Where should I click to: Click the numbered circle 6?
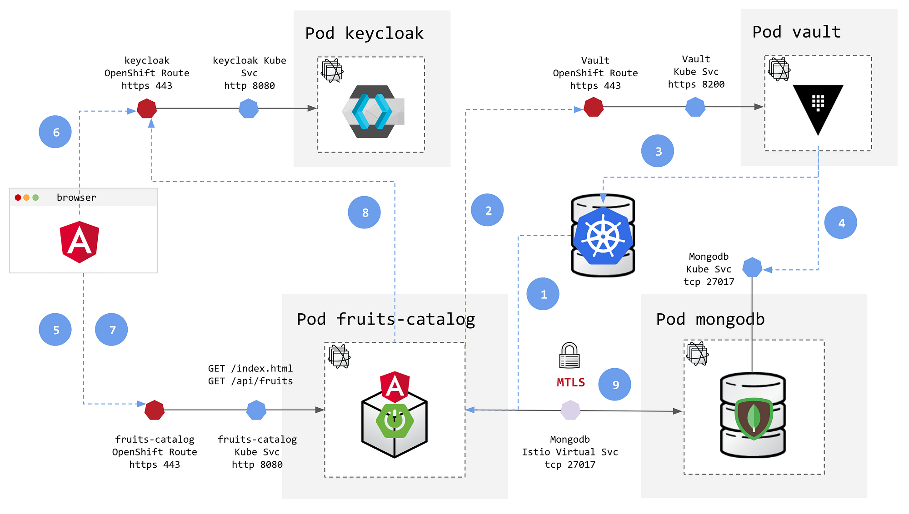pos(55,132)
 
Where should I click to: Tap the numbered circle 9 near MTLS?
pos(614,384)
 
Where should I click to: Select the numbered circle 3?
pos(657,151)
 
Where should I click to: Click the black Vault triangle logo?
pos(818,107)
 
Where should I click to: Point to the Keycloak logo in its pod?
pos(372,111)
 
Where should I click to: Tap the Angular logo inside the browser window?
pos(80,242)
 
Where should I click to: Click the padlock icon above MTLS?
pos(569,355)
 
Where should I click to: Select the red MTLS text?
pos(571,382)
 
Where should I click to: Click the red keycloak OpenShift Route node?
pos(147,109)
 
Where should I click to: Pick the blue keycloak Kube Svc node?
pos(249,109)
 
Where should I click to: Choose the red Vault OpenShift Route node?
pos(594,107)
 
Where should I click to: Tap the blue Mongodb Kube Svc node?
pos(752,267)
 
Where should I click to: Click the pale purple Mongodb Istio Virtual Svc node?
pos(570,410)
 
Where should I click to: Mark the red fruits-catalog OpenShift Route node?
pos(155,410)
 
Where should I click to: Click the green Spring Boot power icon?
pos(395,420)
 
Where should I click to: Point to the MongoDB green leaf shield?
pos(754,418)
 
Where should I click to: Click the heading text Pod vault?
pos(796,32)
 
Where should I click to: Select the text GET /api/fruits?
pos(250,381)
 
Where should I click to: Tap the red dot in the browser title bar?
pos(18,198)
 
